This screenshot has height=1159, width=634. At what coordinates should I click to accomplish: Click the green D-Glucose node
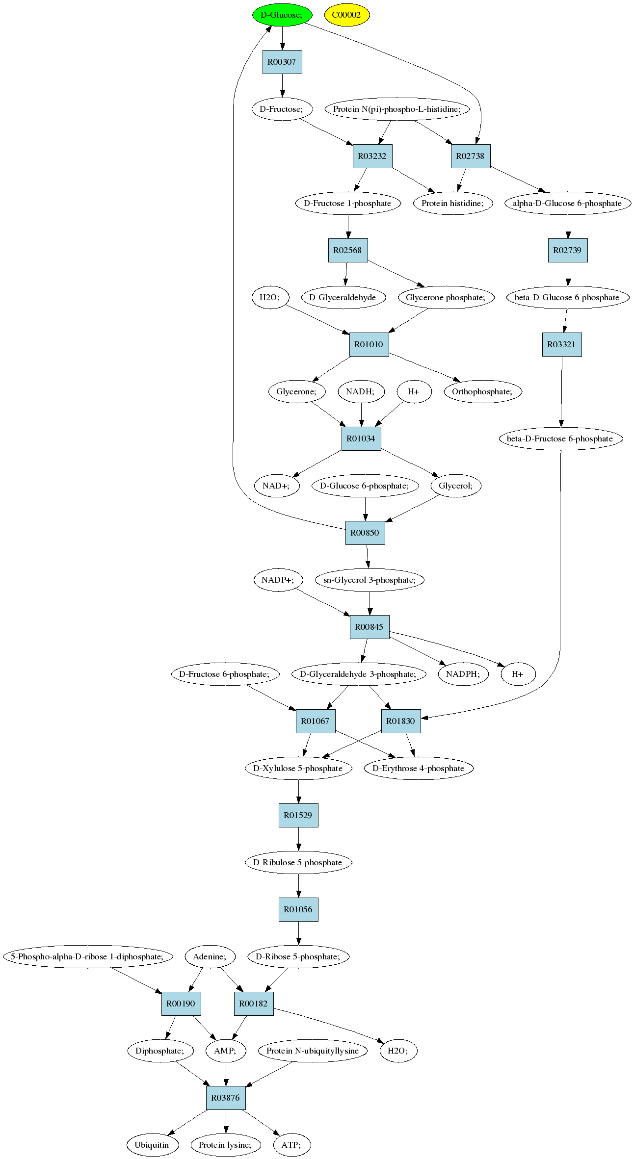(x=282, y=15)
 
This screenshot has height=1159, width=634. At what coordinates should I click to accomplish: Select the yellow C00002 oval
(x=346, y=15)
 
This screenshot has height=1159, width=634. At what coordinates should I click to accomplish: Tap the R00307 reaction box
(x=282, y=62)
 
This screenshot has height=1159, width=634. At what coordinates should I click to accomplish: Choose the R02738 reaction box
(x=470, y=156)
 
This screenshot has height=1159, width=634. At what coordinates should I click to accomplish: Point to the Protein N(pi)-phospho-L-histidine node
(x=397, y=109)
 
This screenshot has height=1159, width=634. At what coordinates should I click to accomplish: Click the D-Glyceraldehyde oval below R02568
(x=343, y=297)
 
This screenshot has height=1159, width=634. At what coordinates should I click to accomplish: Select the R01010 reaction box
(x=369, y=344)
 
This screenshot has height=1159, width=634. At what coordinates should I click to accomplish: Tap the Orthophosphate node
(x=482, y=391)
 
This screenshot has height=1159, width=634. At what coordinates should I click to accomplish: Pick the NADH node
(x=361, y=391)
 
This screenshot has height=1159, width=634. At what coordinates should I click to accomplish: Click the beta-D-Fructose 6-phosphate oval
(x=561, y=438)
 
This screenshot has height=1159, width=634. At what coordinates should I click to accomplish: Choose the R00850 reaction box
(x=365, y=533)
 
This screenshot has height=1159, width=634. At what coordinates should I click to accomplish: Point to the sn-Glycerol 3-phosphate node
(x=370, y=580)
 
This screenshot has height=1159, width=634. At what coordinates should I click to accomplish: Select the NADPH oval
(x=463, y=674)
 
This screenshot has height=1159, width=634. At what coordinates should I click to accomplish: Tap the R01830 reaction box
(x=401, y=721)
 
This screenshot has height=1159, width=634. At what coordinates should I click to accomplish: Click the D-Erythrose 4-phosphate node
(x=419, y=768)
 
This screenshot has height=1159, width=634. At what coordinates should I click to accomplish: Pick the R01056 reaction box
(x=298, y=909)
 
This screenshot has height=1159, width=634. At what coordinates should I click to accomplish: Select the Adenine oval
(x=210, y=956)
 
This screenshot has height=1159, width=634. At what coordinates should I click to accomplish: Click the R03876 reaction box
(x=226, y=1098)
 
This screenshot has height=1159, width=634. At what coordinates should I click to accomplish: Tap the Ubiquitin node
(x=152, y=1145)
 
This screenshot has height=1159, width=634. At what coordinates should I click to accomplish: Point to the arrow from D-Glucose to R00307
(x=282, y=38)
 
